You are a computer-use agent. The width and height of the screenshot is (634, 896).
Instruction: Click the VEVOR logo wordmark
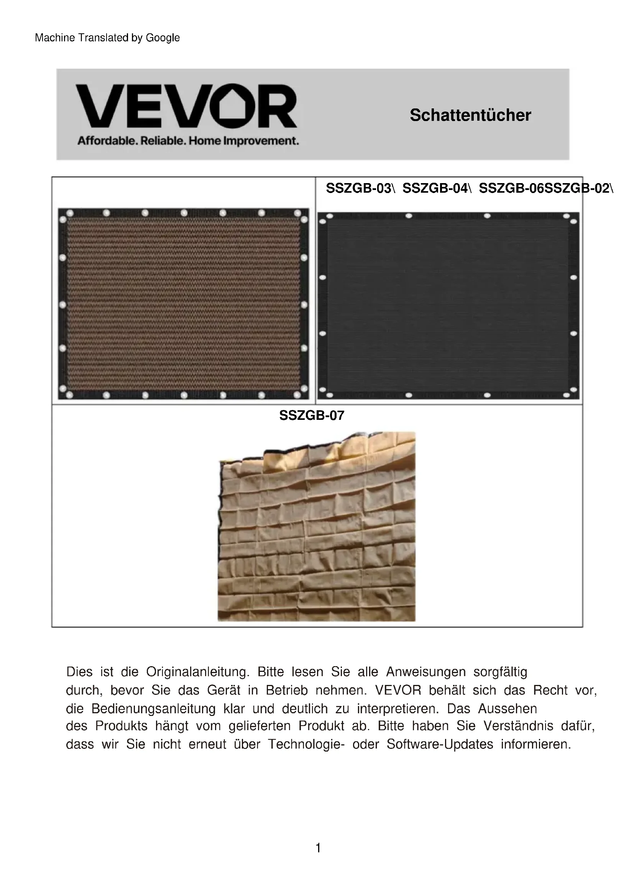click(186, 106)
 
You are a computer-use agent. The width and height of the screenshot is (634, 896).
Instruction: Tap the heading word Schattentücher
click(470, 115)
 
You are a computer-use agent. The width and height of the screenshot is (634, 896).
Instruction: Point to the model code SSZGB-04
click(435, 188)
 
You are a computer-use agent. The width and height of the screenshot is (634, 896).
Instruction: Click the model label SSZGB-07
click(312, 416)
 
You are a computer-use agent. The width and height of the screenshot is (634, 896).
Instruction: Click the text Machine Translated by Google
click(107, 38)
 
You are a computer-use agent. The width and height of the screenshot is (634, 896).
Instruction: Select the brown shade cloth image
click(183, 304)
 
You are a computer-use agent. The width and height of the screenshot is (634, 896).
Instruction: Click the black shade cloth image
click(448, 305)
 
